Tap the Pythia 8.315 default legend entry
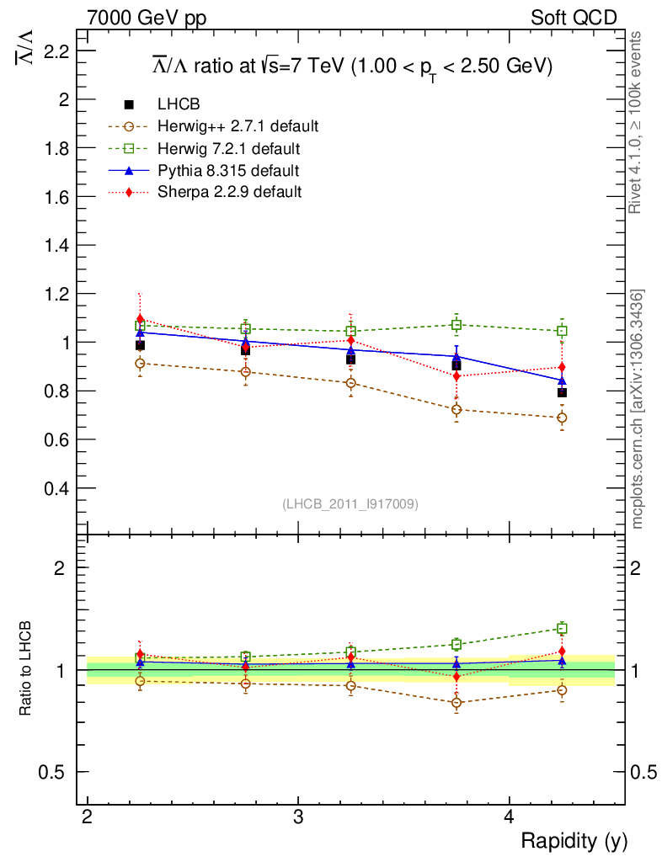pyautogui.click(x=228, y=171)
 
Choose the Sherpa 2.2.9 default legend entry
pyautogui.click(x=229, y=192)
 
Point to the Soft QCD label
pyautogui.click(x=574, y=18)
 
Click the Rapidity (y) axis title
pyautogui.click(x=574, y=840)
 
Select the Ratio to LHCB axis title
pyautogui.click(x=26, y=669)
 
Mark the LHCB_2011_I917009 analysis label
pyautogui.click(x=350, y=503)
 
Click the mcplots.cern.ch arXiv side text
pyautogui.click(x=638, y=409)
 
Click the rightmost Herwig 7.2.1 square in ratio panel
pyautogui.click(x=562, y=628)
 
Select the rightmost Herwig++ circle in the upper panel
pyautogui.click(x=562, y=418)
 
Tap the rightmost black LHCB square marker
pyautogui.click(x=562, y=392)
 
